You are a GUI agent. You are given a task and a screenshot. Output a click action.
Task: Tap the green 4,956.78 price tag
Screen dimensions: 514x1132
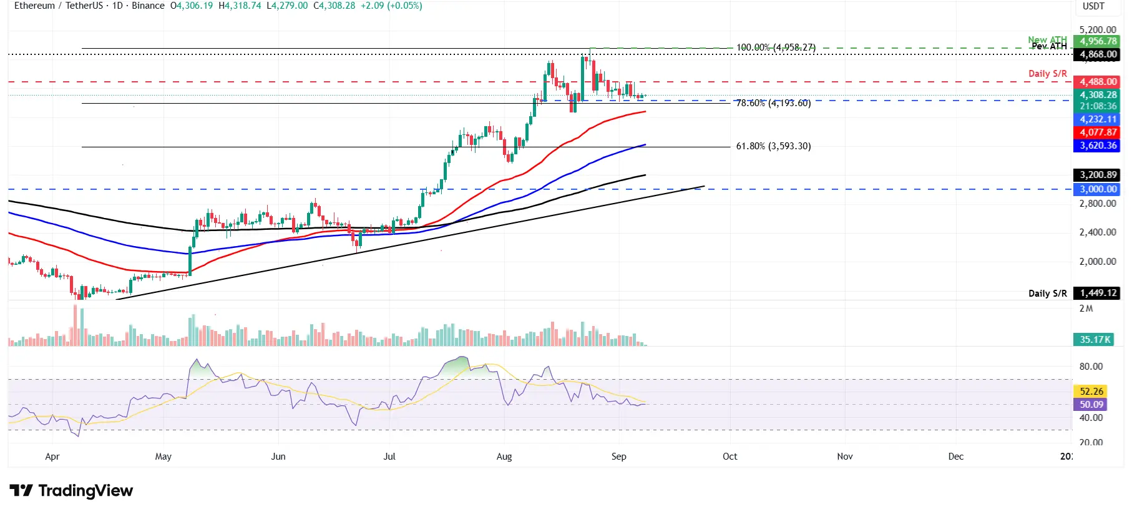click(1098, 42)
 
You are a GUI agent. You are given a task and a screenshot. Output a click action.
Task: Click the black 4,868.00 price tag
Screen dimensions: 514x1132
click(1098, 54)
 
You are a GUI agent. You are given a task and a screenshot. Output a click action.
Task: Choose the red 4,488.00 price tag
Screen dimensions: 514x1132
click(1098, 82)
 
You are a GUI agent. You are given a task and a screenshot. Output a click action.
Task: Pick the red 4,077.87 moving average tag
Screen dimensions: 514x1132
click(1098, 132)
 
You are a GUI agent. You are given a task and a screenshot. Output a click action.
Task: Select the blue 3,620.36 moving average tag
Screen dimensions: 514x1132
click(1098, 146)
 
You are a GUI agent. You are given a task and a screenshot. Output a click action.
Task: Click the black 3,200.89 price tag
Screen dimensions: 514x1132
click(1098, 175)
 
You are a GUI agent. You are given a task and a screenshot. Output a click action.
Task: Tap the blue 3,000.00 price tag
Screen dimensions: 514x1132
click(1098, 189)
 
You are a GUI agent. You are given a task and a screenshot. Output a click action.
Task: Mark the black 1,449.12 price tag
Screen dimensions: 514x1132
click(1098, 293)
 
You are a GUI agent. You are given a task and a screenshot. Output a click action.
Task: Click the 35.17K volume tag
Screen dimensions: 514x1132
click(1095, 340)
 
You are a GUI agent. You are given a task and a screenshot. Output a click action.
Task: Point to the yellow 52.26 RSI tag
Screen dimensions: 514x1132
click(1091, 392)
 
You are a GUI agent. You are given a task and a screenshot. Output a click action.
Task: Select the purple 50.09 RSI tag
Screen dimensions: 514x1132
click(1091, 405)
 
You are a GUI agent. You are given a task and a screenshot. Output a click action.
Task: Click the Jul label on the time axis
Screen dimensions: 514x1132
click(389, 457)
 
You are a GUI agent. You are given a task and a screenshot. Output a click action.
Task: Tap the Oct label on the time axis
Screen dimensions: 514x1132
click(729, 457)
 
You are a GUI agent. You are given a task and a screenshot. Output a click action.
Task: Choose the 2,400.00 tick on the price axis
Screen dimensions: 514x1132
click(1097, 232)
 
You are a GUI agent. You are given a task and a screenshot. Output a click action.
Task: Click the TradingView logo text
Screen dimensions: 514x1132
click(85, 491)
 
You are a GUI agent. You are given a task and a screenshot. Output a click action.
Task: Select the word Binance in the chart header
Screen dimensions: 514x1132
click(148, 6)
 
